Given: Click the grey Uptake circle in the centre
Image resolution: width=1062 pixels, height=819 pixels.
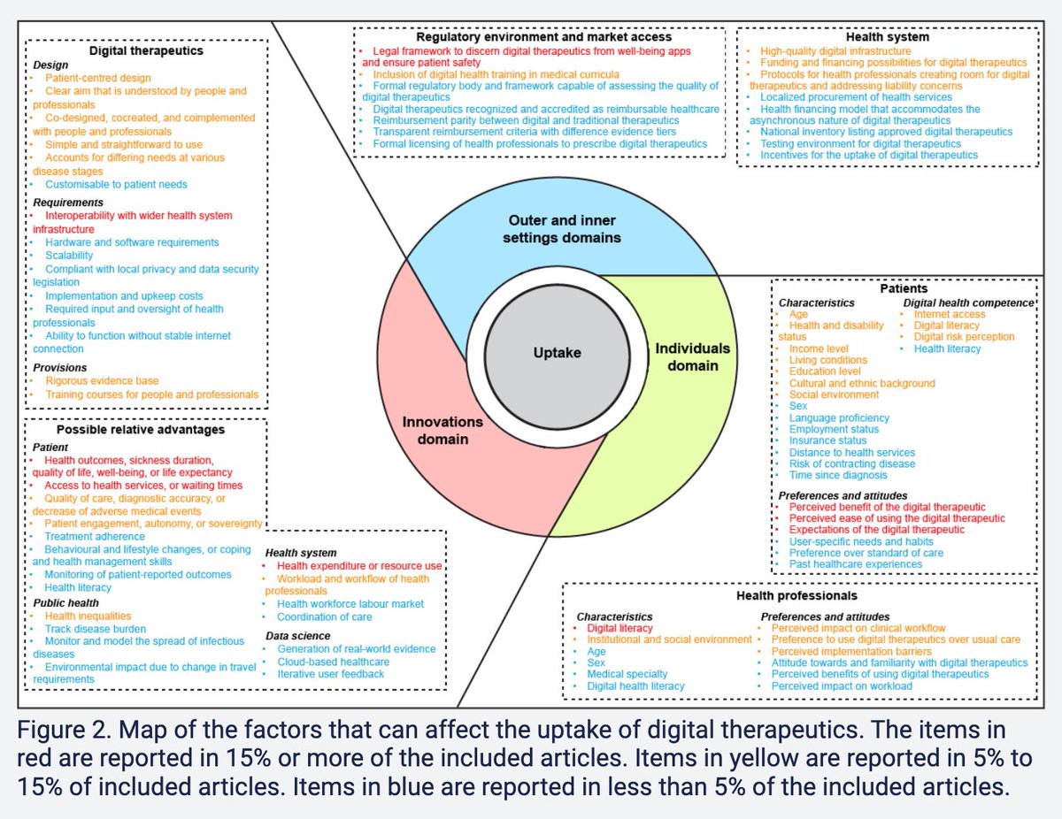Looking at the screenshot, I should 557,353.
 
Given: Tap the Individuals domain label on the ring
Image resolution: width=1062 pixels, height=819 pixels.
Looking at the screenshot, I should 692,356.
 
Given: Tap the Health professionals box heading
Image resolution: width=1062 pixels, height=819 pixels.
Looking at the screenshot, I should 796,595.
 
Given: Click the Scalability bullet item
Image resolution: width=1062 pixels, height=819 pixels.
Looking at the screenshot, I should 69,255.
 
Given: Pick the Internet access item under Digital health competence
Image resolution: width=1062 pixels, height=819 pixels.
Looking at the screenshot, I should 949,313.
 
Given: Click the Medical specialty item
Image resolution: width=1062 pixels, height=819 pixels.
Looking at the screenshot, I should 627,673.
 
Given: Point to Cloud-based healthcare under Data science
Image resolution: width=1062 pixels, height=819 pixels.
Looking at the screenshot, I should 333,661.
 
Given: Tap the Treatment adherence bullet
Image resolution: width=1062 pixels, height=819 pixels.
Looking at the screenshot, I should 95,536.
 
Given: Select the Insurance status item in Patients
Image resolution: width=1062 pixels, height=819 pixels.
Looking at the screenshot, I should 827,440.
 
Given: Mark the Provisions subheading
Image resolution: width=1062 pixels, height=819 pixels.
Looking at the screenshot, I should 60,367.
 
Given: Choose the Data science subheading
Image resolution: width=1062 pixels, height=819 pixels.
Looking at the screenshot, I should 298,635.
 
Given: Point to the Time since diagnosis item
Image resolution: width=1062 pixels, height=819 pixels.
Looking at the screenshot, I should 837,475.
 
